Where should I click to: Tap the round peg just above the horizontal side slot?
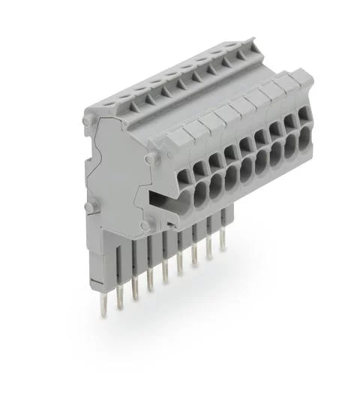tap(151, 158)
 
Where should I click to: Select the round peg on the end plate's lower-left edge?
tap(88, 207)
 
